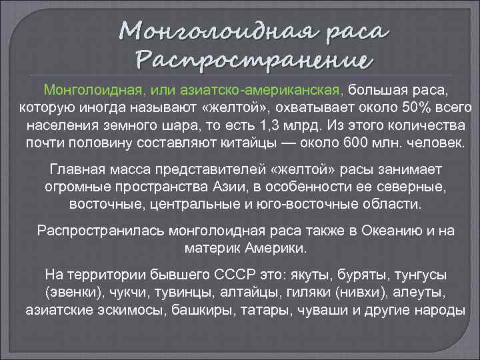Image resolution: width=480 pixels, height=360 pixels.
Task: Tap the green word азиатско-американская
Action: [275, 90]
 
